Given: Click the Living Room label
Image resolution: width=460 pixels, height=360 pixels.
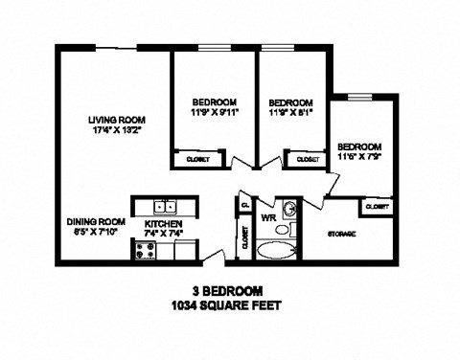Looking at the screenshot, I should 115,120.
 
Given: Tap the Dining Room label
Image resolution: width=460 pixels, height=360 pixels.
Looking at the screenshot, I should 96,220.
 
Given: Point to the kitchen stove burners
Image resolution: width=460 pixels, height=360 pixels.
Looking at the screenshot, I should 146,251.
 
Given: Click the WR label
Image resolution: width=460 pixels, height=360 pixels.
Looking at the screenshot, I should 268,217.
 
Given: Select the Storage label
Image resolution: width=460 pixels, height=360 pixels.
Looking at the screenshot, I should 342,233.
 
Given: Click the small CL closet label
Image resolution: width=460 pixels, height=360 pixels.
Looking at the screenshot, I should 245,204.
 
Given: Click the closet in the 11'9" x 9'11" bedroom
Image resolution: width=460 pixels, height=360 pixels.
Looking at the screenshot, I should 197,159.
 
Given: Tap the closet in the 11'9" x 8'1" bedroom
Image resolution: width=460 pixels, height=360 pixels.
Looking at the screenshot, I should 307,159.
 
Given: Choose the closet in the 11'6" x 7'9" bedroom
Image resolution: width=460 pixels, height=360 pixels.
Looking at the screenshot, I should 377,206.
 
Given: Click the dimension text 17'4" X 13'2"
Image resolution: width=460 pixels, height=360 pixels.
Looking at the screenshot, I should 115,131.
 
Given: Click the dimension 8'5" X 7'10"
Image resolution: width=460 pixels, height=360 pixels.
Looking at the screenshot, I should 96,232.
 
